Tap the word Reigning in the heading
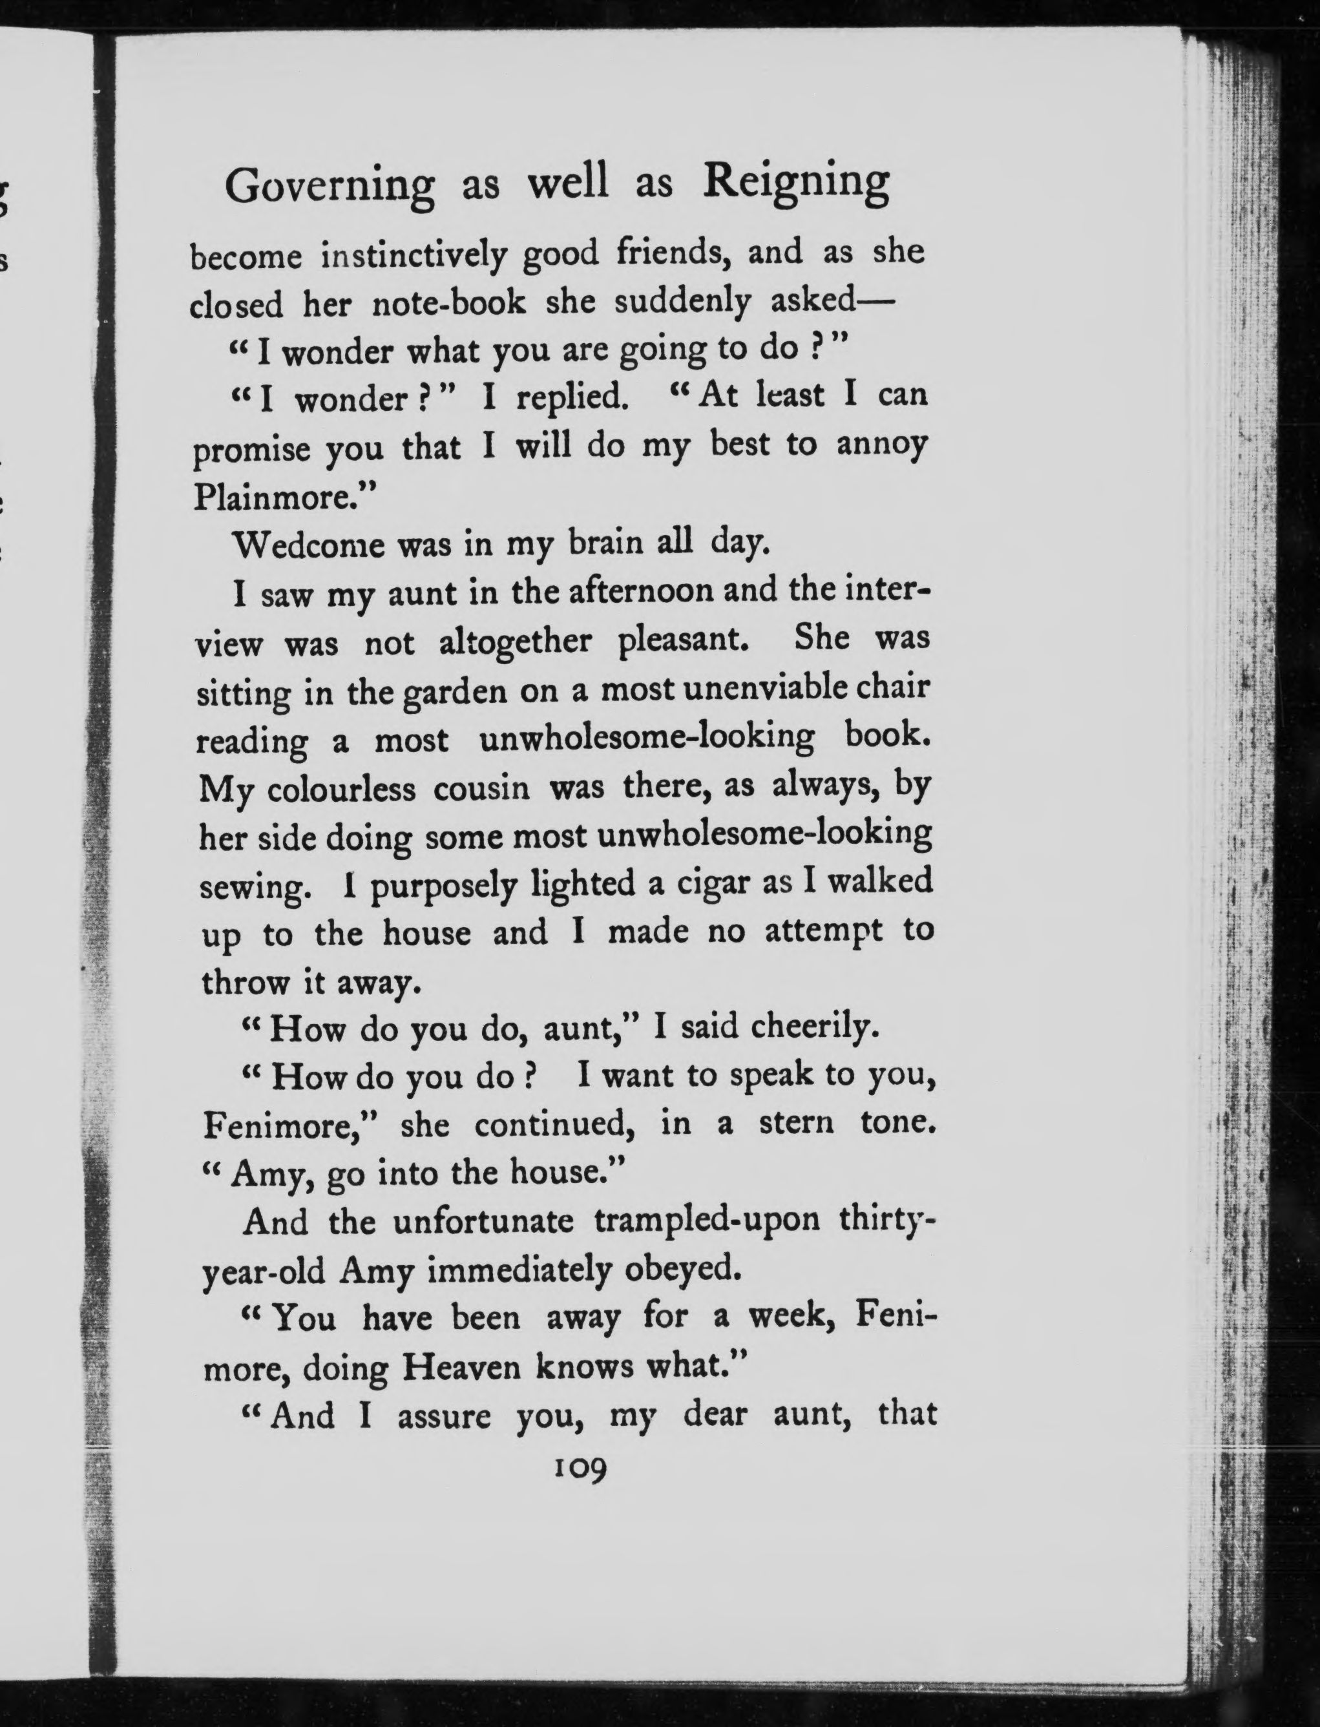[x=796, y=182]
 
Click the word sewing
[x=251, y=888]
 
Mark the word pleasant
[x=681, y=640]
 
